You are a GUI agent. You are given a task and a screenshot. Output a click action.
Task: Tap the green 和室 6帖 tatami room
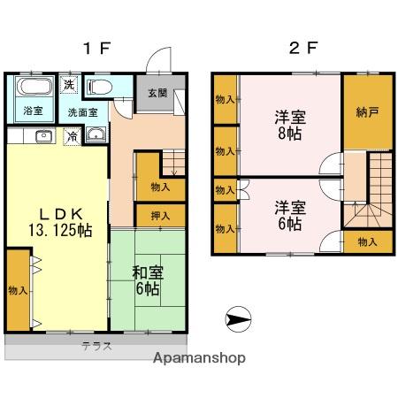(147, 280)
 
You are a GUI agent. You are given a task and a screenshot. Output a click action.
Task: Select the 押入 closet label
(160, 214)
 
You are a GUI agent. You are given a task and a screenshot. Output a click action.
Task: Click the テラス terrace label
(97, 346)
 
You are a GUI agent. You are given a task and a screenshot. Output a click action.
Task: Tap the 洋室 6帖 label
(288, 215)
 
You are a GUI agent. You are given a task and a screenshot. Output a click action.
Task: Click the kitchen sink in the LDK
(42, 136)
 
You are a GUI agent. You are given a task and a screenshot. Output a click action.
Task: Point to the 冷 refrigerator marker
(71, 136)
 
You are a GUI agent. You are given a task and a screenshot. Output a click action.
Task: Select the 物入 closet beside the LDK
(17, 289)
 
